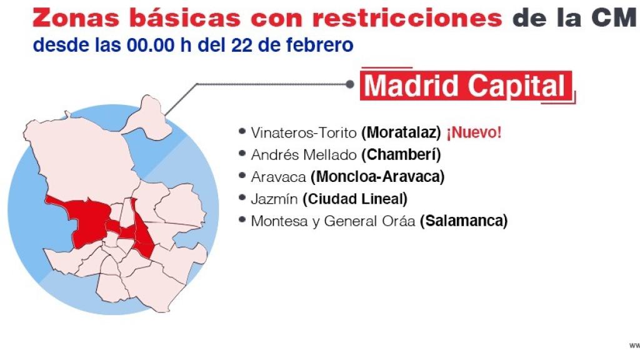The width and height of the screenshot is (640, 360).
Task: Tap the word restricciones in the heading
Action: (x=407, y=17)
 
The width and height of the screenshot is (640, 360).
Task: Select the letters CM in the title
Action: (x=614, y=17)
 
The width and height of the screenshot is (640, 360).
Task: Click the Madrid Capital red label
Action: (x=466, y=86)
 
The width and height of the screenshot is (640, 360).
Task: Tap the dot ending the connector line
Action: (x=351, y=83)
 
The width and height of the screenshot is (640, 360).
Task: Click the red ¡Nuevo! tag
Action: (x=473, y=132)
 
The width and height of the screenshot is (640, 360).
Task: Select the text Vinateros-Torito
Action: (x=304, y=132)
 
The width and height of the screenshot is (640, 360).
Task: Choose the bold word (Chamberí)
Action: (x=401, y=154)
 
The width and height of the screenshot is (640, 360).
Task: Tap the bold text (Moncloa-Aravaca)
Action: (x=377, y=177)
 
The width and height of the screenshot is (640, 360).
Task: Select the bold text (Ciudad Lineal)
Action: (x=354, y=199)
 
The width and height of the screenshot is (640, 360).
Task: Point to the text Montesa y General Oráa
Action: (x=333, y=221)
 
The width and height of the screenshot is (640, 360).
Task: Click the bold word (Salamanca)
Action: (x=464, y=221)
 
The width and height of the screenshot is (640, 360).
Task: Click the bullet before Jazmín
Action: (x=242, y=198)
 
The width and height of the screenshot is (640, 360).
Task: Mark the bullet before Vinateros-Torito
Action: (x=242, y=131)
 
